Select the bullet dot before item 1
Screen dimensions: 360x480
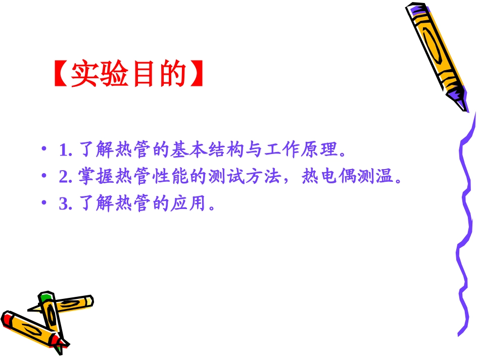45,150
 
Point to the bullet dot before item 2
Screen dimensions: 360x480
45,177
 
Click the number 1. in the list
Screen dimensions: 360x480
66,150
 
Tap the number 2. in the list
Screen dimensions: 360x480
66,177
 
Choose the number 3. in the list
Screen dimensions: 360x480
66,204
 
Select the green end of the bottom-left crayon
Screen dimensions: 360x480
46,296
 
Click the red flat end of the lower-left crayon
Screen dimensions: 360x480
6,319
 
